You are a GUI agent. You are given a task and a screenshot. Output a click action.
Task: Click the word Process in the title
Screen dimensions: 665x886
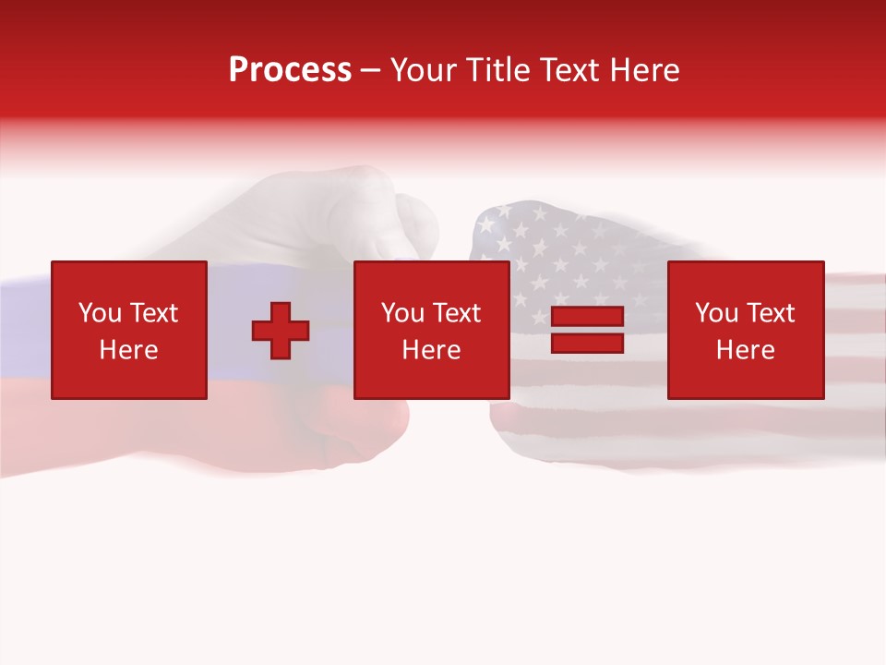(290, 70)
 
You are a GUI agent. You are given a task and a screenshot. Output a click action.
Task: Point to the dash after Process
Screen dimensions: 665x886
(370, 71)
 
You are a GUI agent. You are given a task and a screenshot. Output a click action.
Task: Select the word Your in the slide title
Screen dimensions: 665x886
(423, 70)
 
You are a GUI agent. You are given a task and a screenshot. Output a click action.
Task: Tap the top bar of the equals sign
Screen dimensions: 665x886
(587, 317)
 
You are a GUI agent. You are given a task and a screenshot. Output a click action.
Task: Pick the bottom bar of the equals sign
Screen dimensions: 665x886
(587, 343)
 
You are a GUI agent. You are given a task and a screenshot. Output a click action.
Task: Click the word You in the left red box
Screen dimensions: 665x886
(100, 313)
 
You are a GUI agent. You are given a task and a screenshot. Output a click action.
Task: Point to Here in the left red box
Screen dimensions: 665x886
(128, 350)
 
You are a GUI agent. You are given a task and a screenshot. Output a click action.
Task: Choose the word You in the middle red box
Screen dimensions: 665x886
(402, 313)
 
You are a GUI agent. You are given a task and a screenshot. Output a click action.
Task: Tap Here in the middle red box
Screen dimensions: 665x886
(431, 350)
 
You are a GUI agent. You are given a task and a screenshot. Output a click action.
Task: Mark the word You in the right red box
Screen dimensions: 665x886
(716, 313)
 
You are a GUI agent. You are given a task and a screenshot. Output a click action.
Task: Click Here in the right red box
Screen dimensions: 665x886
(745, 350)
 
